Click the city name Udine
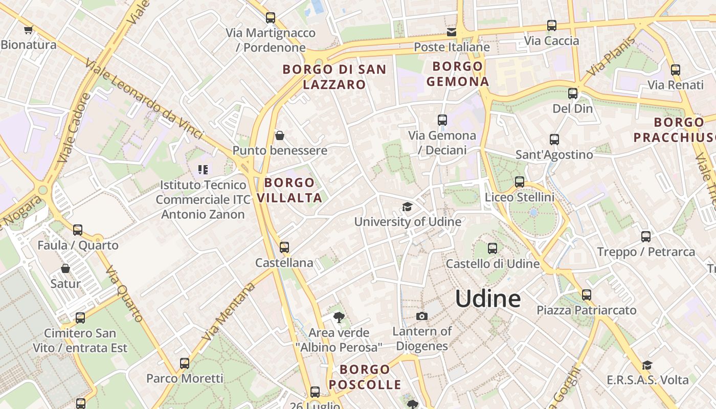[x=488, y=299]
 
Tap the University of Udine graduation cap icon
[x=407, y=207]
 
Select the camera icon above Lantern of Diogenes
[x=421, y=316]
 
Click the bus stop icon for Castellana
[x=284, y=247]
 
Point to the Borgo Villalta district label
[x=289, y=190]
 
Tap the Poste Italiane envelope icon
[x=451, y=32]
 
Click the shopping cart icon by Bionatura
[x=28, y=30]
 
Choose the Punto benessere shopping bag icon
[x=280, y=135]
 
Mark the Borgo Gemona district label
[x=458, y=74]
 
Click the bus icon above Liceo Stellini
[x=520, y=181]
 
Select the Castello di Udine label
[x=493, y=264]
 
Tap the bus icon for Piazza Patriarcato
[x=586, y=295]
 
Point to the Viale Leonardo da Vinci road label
[x=144, y=99]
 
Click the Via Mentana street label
[x=229, y=312]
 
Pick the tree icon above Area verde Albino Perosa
[x=339, y=317]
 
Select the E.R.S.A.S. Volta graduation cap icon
[x=647, y=365]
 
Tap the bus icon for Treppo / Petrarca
[x=646, y=236]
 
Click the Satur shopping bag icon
[x=65, y=268]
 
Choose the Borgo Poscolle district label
[x=365, y=377]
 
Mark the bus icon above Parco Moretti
[x=185, y=363]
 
